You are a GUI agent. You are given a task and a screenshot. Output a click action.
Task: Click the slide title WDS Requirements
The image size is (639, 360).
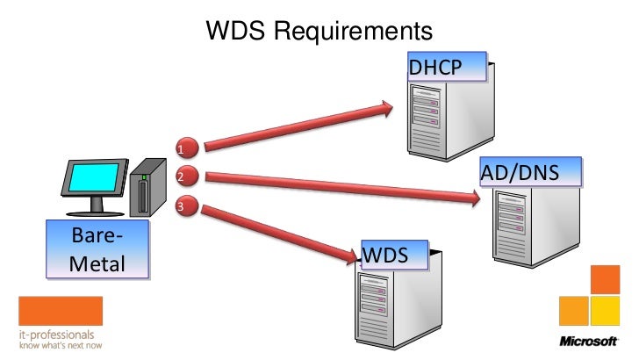pyautogui.click(x=319, y=31)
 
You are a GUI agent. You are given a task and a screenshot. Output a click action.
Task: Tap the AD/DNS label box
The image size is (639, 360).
pyautogui.click(x=531, y=173)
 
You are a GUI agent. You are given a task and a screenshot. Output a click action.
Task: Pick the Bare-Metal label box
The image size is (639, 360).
pyautogui.click(x=97, y=250)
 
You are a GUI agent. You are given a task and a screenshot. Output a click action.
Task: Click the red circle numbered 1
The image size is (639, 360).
pyautogui.click(x=185, y=146)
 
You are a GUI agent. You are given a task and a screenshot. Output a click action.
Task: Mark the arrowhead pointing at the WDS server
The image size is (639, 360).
pyautogui.click(x=354, y=256)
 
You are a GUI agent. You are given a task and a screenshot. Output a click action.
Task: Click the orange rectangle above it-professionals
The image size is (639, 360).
pyautogui.click(x=60, y=311)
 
